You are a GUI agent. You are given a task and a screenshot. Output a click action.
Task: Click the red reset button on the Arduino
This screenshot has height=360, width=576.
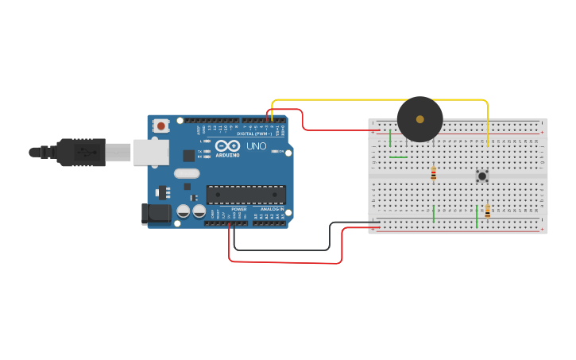coord(161,126)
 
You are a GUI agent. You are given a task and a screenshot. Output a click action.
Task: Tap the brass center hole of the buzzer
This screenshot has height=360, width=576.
coord(419,118)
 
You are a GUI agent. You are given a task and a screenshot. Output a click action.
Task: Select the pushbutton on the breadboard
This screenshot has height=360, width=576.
coord(481,176)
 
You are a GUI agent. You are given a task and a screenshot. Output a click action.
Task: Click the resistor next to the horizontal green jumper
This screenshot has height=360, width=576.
coord(433,173)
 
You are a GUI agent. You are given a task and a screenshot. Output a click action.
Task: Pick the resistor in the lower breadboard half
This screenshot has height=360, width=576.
coord(487,211)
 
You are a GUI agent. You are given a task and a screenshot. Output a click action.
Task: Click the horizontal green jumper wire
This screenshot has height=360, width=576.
coord(398,157)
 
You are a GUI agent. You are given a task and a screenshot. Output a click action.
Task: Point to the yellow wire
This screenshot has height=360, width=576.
coord(381,100)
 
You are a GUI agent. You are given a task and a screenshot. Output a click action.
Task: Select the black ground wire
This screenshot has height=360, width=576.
coord(286,250)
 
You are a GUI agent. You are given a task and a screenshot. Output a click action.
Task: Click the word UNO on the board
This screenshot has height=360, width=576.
coord(256,147)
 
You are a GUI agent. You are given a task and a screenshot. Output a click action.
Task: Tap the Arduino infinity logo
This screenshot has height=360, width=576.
coord(226,146)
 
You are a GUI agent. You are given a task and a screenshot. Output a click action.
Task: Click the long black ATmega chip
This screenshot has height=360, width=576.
coord(245,195)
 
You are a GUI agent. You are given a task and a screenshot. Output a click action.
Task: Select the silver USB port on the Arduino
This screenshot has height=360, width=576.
coord(150,152)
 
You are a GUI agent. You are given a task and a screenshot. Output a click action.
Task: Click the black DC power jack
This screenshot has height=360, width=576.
coord(156,213)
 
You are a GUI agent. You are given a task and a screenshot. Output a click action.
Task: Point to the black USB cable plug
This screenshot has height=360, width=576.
coord(79,152)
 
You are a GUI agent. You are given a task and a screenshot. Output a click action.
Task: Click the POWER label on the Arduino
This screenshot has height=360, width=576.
coord(238,209)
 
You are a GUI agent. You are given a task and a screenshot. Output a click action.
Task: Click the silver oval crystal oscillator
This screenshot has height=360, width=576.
coord(186,173)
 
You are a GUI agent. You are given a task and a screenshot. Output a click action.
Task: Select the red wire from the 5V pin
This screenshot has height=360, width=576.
coord(286,261)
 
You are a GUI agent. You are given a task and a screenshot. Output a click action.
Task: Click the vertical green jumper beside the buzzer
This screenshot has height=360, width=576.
coord(390,138)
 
